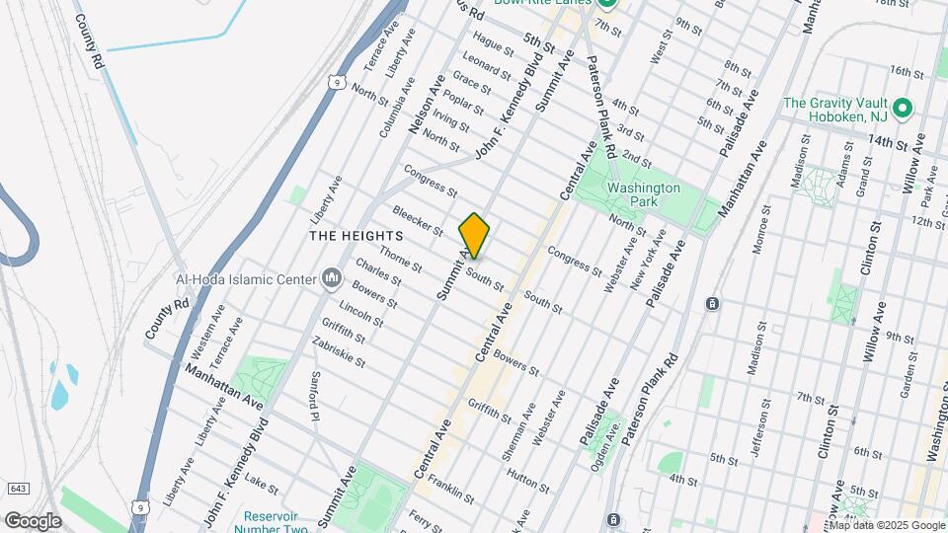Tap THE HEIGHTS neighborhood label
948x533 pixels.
tap(356, 237)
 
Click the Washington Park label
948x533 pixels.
tap(644, 193)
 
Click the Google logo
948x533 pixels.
tap(32, 520)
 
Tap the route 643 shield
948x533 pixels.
tap(17, 489)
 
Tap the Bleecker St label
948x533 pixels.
tap(418, 220)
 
